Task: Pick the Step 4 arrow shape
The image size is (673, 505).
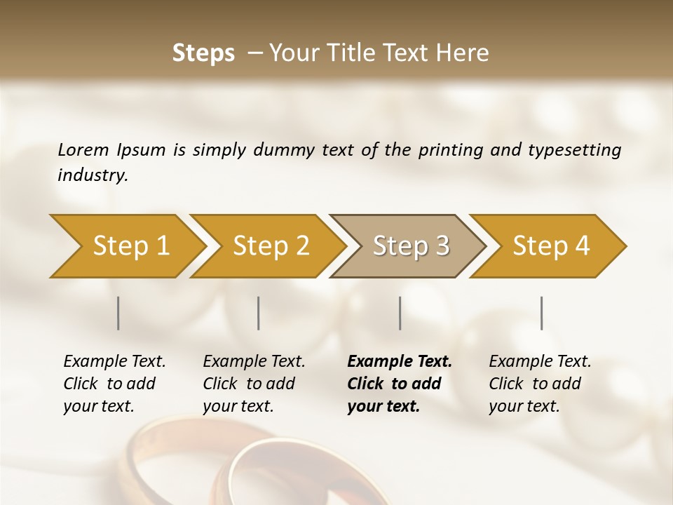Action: click(x=550, y=246)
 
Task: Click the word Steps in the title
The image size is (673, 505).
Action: click(x=203, y=53)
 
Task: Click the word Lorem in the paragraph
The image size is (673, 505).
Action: click(x=83, y=150)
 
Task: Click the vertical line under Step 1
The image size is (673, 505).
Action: click(x=118, y=313)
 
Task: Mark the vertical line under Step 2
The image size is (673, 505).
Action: click(x=259, y=313)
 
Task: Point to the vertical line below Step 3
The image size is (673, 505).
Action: click(x=400, y=313)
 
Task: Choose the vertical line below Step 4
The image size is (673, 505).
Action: click(x=542, y=313)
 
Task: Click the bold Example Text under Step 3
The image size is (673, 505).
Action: click(x=400, y=362)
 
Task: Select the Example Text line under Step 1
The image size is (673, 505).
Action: click(x=114, y=362)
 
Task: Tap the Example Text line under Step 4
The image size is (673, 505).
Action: click(x=540, y=362)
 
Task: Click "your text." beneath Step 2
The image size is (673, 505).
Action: click(x=238, y=406)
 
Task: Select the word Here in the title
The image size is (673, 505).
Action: click(x=466, y=53)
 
